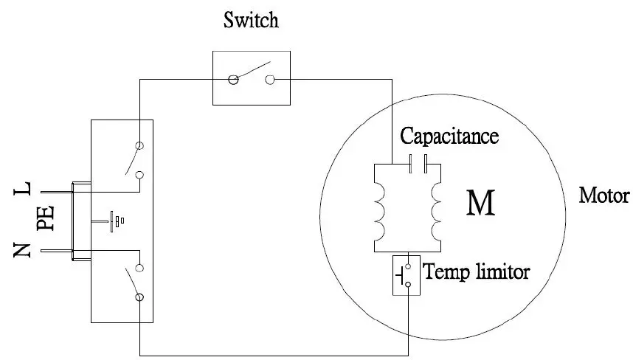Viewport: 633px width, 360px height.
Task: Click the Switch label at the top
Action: tap(251, 20)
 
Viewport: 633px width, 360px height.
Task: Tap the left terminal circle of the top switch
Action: tap(232, 79)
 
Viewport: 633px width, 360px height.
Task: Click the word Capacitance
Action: tap(449, 136)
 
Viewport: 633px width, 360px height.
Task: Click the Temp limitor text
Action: tap(477, 272)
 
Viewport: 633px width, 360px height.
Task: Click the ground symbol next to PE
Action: tap(117, 220)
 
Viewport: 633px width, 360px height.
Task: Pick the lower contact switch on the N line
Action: tap(134, 282)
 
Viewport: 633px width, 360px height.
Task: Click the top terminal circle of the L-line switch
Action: tap(138, 145)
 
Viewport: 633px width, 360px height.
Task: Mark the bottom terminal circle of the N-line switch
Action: tap(139, 297)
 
